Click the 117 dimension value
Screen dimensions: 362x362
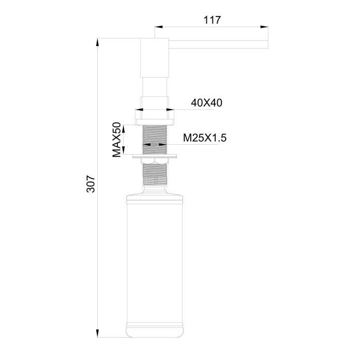(x=212, y=20)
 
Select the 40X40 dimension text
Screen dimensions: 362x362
(x=206, y=103)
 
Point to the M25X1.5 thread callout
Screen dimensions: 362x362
(x=205, y=138)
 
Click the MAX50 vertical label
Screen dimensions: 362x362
(x=117, y=140)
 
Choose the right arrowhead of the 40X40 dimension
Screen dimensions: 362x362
(x=172, y=109)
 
